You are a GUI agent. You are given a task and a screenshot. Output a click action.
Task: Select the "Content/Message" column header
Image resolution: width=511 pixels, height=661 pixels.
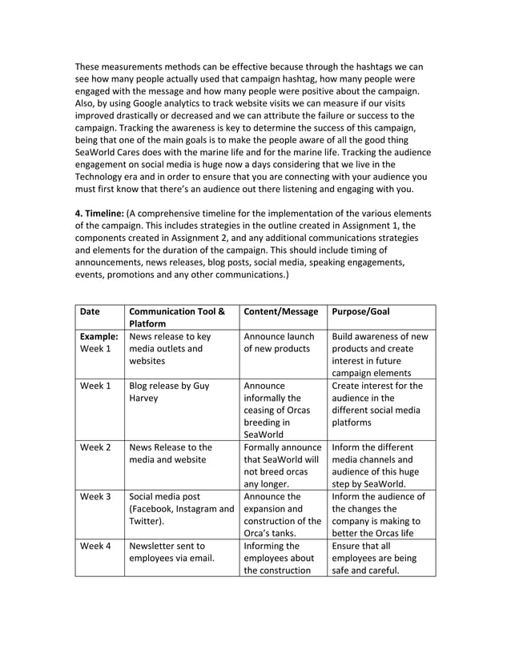[x=281, y=311]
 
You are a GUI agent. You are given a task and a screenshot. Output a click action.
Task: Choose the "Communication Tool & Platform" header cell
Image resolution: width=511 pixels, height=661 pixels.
[x=176, y=318]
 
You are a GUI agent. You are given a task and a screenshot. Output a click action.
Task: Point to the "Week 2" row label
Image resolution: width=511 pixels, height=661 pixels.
[x=96, y=447]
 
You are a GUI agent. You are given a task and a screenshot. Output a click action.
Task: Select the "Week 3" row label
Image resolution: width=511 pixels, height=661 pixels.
[x=96, y=497]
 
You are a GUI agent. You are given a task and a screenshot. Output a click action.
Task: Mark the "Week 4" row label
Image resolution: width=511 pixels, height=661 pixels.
[x=96, y=547]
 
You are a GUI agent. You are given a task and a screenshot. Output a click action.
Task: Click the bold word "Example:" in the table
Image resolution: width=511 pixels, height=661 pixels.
[x=99, y=337]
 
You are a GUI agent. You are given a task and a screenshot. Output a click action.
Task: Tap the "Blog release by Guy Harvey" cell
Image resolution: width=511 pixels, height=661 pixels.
[x=168, y=392]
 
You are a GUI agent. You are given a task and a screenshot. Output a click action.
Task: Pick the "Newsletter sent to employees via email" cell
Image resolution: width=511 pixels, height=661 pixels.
[x=167, y=553]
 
